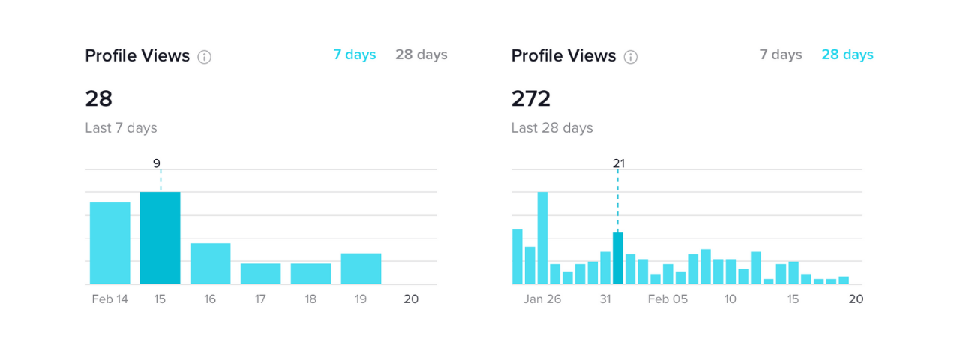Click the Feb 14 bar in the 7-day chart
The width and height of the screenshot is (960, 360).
coord(110,243)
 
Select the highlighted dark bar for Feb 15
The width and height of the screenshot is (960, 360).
coord(160,238)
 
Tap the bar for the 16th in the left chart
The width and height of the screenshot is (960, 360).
coord(210,263)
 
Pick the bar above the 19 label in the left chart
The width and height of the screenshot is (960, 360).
coord(361,268)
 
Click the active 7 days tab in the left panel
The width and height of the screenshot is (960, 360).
coord(355,55)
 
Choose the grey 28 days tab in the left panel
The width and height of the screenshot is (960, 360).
coord(421,55)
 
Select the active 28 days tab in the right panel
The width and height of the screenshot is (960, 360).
coord(847,55)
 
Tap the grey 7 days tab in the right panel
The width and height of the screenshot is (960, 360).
coord(781,55)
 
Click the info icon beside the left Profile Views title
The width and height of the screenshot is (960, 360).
coord(204,57)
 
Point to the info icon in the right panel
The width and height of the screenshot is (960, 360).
coord(631,57)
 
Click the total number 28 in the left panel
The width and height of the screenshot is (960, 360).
coord(99,98)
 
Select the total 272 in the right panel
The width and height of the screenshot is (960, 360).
coord(531,98)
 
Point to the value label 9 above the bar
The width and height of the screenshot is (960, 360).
coord(156,163)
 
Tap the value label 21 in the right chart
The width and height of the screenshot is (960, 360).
coord(618,163)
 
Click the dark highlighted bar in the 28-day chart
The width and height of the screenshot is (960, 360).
coord(618,258)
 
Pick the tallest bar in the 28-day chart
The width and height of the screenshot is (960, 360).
coord(542,238)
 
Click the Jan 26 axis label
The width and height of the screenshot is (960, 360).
coord(542,299)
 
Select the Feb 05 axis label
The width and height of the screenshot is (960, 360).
coord(667,299)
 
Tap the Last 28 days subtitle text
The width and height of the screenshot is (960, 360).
coord(552,128)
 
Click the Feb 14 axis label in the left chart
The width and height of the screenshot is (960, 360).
coord(110,299)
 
